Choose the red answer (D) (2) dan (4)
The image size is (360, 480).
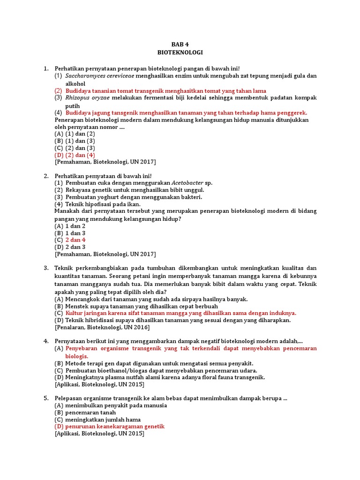point(75,155)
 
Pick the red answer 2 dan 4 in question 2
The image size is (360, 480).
point(75,240)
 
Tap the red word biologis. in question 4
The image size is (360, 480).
point(77,356)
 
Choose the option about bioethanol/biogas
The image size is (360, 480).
point(156,370)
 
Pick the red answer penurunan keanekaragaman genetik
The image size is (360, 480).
point(109,427)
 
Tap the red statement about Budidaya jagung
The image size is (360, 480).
point(180,113)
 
